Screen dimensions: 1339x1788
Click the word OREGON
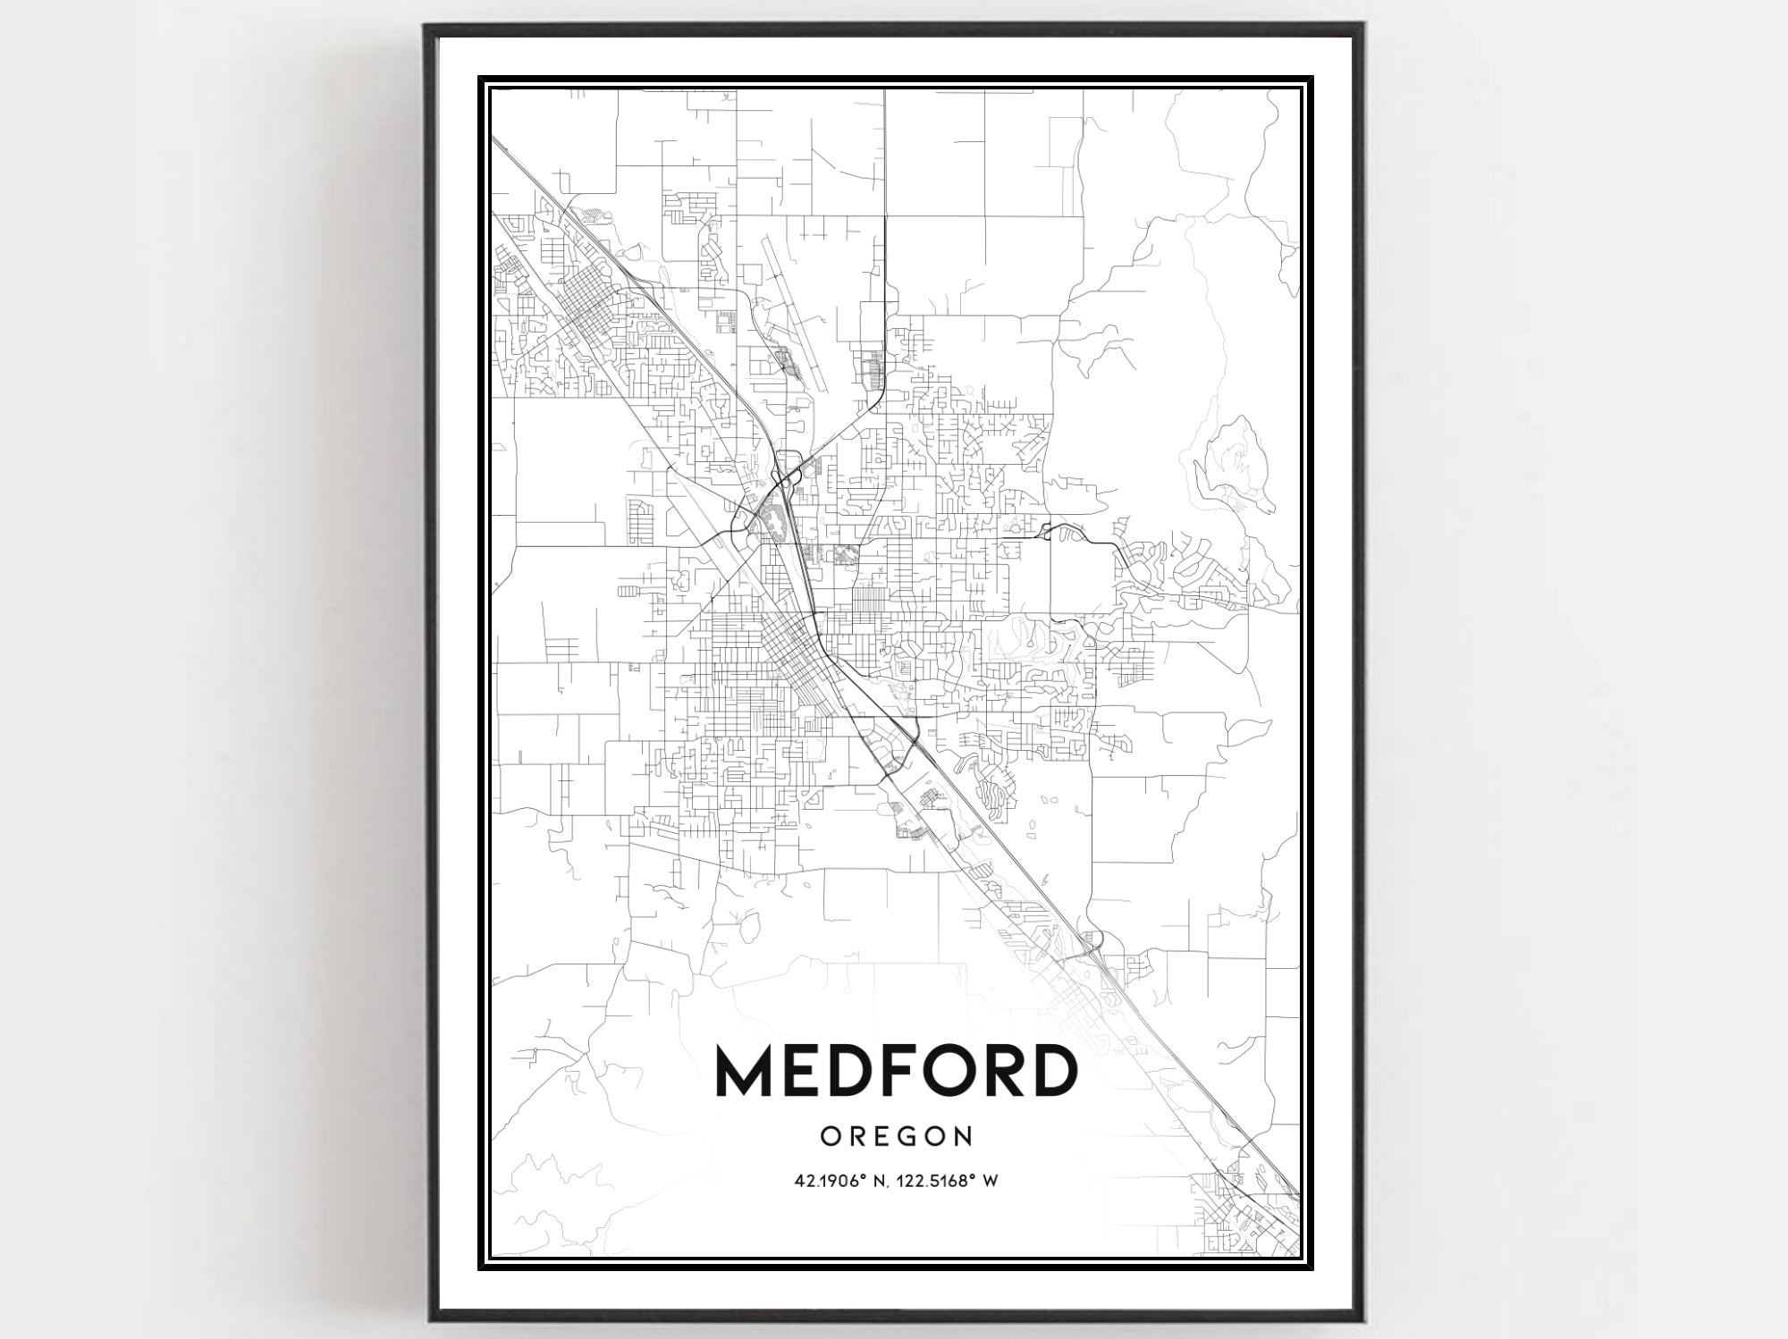pos(896,1136)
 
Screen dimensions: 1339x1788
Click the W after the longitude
pos(991,1181)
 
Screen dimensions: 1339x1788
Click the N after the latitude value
pos(878,1181)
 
